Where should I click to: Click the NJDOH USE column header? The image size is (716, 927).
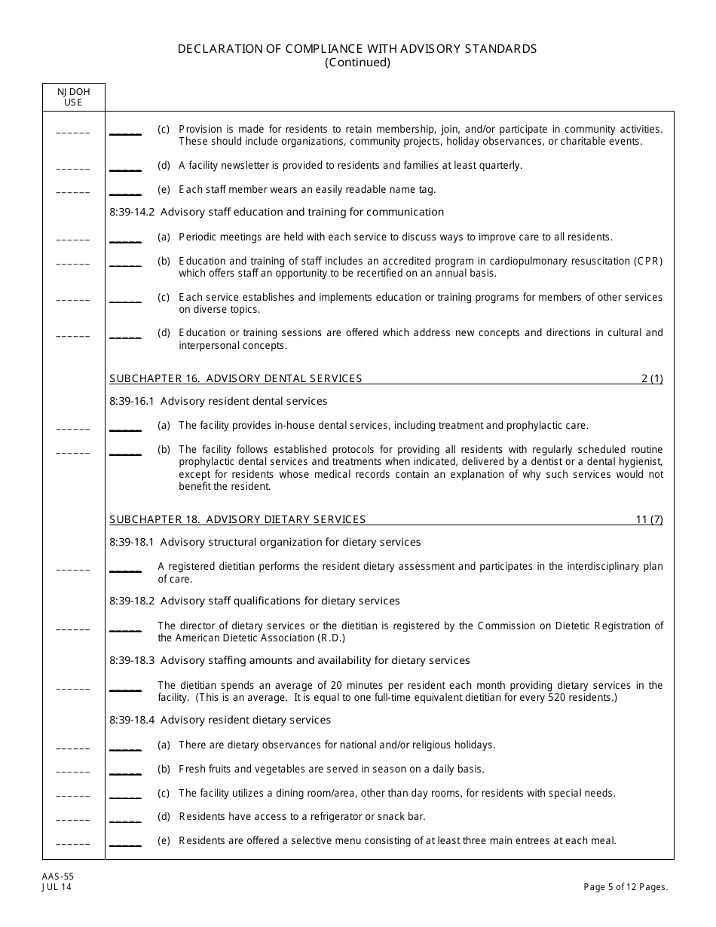[x=73, y=96]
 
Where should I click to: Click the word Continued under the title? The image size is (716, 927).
[x=357, y=63]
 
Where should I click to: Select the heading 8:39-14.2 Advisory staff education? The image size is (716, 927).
[x=277, y=212]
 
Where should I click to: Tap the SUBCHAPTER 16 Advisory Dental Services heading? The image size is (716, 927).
[x=236, y=378]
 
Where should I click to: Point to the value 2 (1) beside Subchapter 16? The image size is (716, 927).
[x=652, y=378]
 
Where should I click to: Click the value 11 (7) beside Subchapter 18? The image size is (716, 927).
[x=649, y=519]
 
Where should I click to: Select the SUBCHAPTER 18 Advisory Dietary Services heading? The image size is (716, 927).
[x=237, y=519]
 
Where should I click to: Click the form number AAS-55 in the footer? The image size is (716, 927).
[x=58, y=877]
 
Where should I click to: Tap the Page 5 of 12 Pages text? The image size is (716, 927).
[x=626, y=887]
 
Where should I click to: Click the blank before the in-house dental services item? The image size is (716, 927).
[x=125, y=427]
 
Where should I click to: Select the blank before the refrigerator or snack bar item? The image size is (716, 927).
[x=125, y=818]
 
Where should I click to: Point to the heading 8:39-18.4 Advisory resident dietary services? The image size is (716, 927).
[x=220, y=720]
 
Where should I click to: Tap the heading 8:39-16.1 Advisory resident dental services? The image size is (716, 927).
[x=219, y=401]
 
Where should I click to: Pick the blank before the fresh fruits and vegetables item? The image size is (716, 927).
[x=125, y=771]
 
